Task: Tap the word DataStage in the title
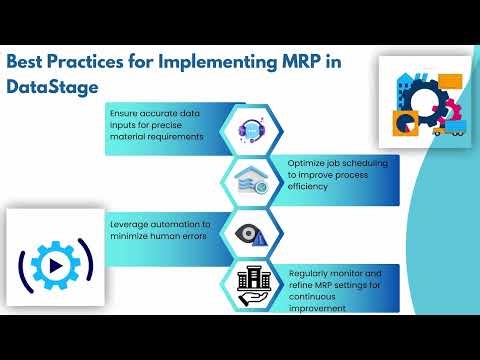53,87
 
